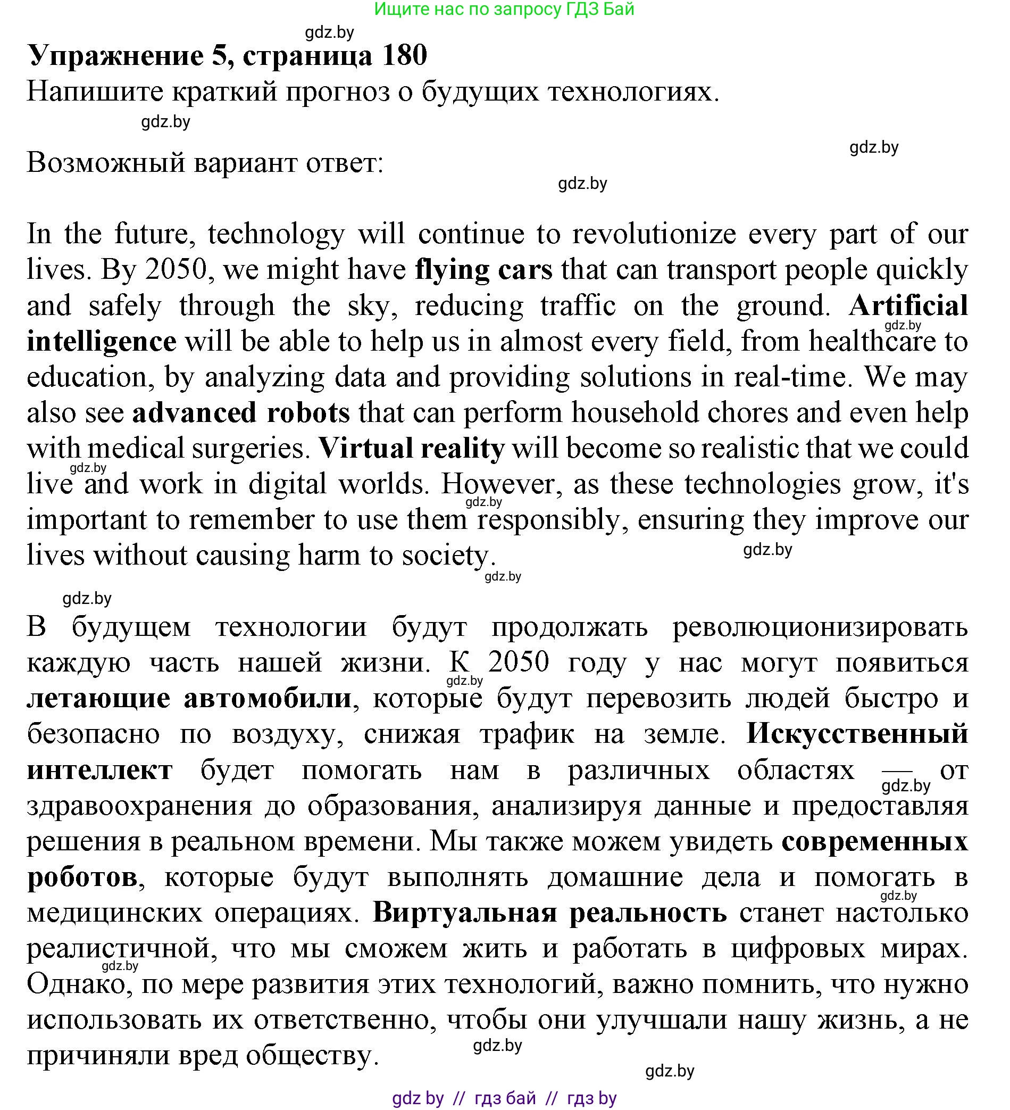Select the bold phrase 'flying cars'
point(483,270)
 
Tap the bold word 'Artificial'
point(908,305)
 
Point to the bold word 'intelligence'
point(102,342)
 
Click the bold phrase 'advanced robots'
point(241,413)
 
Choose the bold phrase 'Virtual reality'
point(412,448)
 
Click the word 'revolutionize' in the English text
point(654,235)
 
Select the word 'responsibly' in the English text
point(548,520)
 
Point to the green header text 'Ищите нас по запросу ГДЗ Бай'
point(504,10)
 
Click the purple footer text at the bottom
point(504,1098)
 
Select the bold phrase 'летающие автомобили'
point(189,698)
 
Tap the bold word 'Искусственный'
point(857,734)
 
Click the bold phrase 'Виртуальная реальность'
point(550,913)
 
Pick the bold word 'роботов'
point(82,877)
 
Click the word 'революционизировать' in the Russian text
point(820,627)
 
